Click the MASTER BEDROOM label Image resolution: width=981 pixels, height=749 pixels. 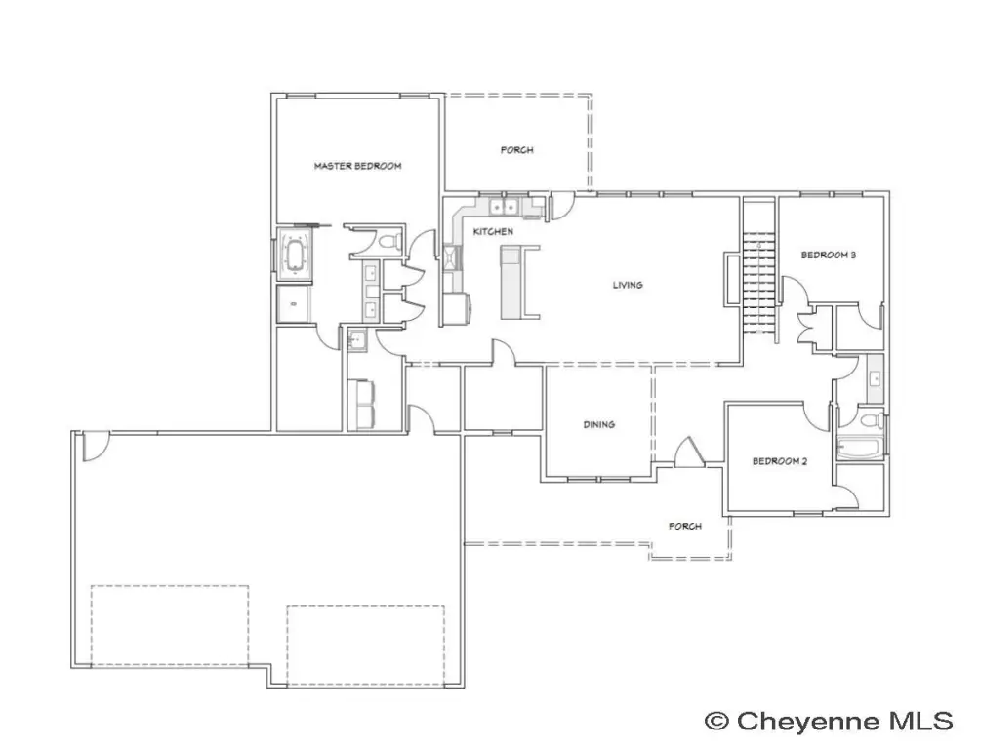click(x=357, y=166)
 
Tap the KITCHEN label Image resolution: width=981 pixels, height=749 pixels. click(x=493, y=231)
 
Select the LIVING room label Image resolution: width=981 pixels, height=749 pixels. click(x=628, y=285)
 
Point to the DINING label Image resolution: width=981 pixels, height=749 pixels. click(x=598, y=424)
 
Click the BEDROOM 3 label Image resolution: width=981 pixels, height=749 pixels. click(x=829, y=255)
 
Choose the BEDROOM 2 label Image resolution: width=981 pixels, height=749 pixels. click(x=780, y=461)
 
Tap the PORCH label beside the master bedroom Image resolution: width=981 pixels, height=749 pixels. click(x=516, y=150)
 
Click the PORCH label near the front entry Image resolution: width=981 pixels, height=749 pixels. click(x=685, y=526)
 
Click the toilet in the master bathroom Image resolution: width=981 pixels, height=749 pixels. click(x=390, y=241)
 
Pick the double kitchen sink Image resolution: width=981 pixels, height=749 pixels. click(x=503, y=206)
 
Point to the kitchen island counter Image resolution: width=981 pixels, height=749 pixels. click(x=510, y=282)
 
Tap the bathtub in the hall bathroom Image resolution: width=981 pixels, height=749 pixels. click(x=860, y=449)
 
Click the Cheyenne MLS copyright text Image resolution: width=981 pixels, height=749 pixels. click(x=829, y=721)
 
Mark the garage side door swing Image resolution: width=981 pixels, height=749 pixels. click(x=97, y=447)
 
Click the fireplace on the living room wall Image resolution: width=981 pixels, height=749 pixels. click(x=731, y=279)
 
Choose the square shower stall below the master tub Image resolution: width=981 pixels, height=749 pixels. click(x=294, y=304)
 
